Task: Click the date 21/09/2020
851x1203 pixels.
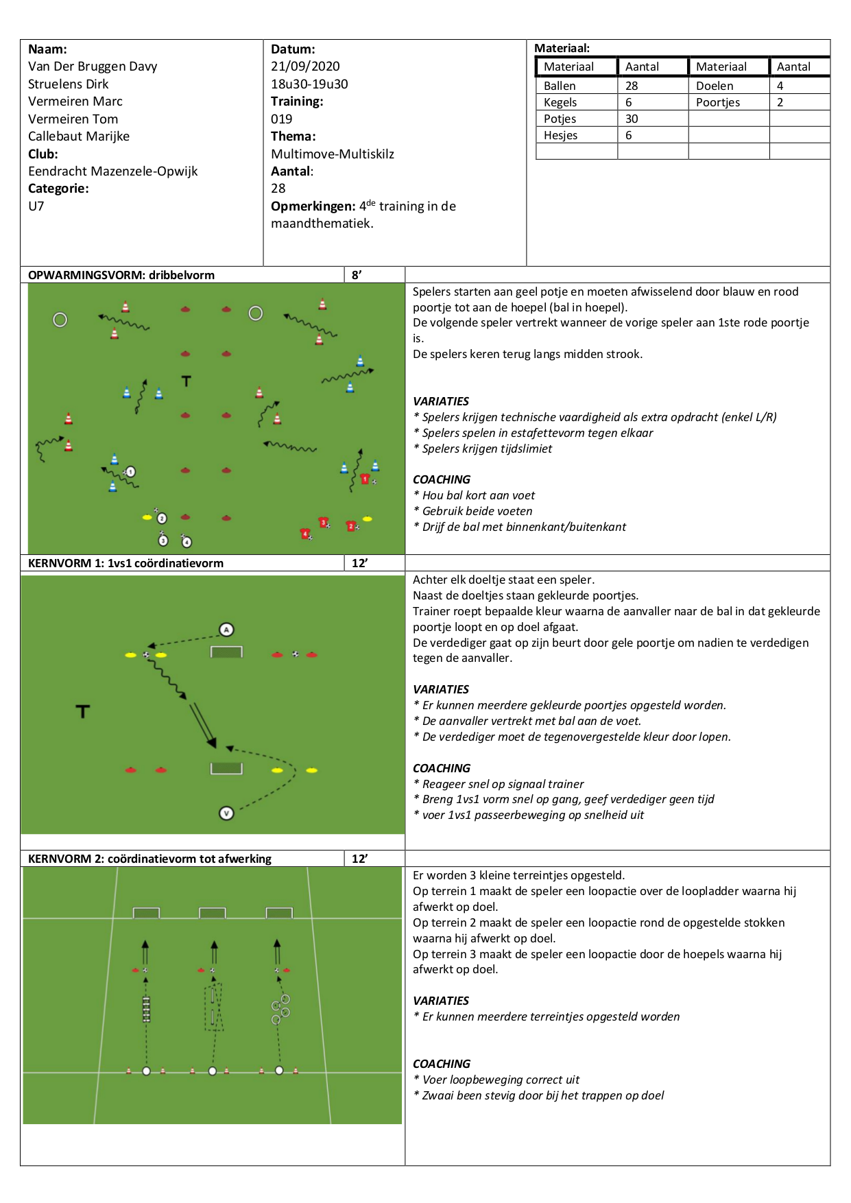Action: pos(305,67)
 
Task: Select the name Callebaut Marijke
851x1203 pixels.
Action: pos(79,136)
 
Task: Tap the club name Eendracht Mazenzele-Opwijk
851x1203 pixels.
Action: pos(112,171)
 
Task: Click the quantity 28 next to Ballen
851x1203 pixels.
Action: pos(632,86)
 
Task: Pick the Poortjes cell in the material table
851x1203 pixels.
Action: pos(718,102)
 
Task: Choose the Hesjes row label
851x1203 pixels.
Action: pos(560,135)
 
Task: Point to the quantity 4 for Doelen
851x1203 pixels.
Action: pos(780,86)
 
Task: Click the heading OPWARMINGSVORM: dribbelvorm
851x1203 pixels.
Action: pos(121,275)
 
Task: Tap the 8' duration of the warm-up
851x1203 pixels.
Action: pos(357,275)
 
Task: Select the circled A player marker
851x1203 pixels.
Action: pos(226,630)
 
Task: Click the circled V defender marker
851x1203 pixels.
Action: pos(226,813)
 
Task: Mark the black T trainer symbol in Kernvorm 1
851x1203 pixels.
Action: pos(83,711)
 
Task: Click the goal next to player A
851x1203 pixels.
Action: pos(226,652)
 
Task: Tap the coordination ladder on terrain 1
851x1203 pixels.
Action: pos(146,1010)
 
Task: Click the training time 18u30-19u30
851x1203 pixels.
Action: pos(309,84)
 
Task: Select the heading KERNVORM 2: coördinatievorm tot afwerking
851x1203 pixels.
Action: pos(149,859)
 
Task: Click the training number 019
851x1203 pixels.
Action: pos(281,119)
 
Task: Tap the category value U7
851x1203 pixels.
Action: pos(36,206)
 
